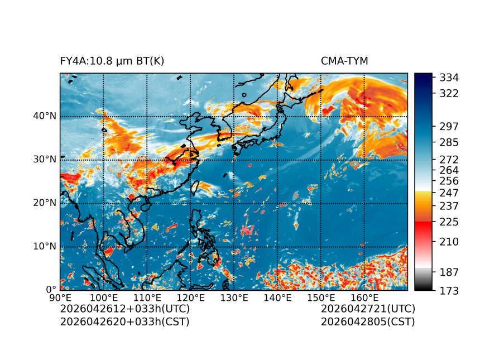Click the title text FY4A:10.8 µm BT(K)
[112, 61]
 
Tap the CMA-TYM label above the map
[344, 61]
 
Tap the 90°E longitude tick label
[60, 298]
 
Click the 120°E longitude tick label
[190, 298]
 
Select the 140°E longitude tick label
[277, 298]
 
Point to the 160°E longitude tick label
[364, 298]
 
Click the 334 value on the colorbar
[450, 77]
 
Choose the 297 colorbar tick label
[450, 126]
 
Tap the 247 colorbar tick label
[450, 193]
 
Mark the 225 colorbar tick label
[450, 222]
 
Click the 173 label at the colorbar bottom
[450, 290]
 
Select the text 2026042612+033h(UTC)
[125, 309]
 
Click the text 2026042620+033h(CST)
[125, 321]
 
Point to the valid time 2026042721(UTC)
[368, 309]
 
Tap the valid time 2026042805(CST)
[368, 321]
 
